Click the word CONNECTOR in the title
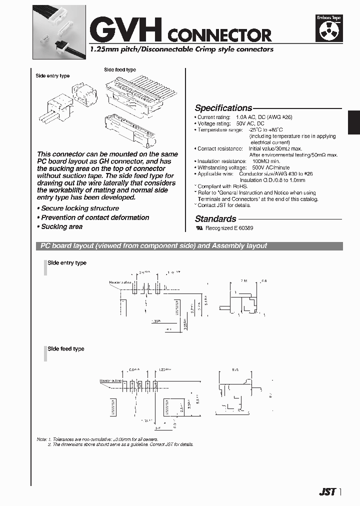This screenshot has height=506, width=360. [219, 35]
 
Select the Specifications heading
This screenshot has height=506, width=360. [223, 108]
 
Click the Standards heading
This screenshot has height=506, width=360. [215, 218]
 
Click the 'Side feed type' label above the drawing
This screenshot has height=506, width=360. [119, 70]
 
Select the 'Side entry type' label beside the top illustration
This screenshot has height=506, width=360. [52, 76]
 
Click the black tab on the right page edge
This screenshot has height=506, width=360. [354, 122]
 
